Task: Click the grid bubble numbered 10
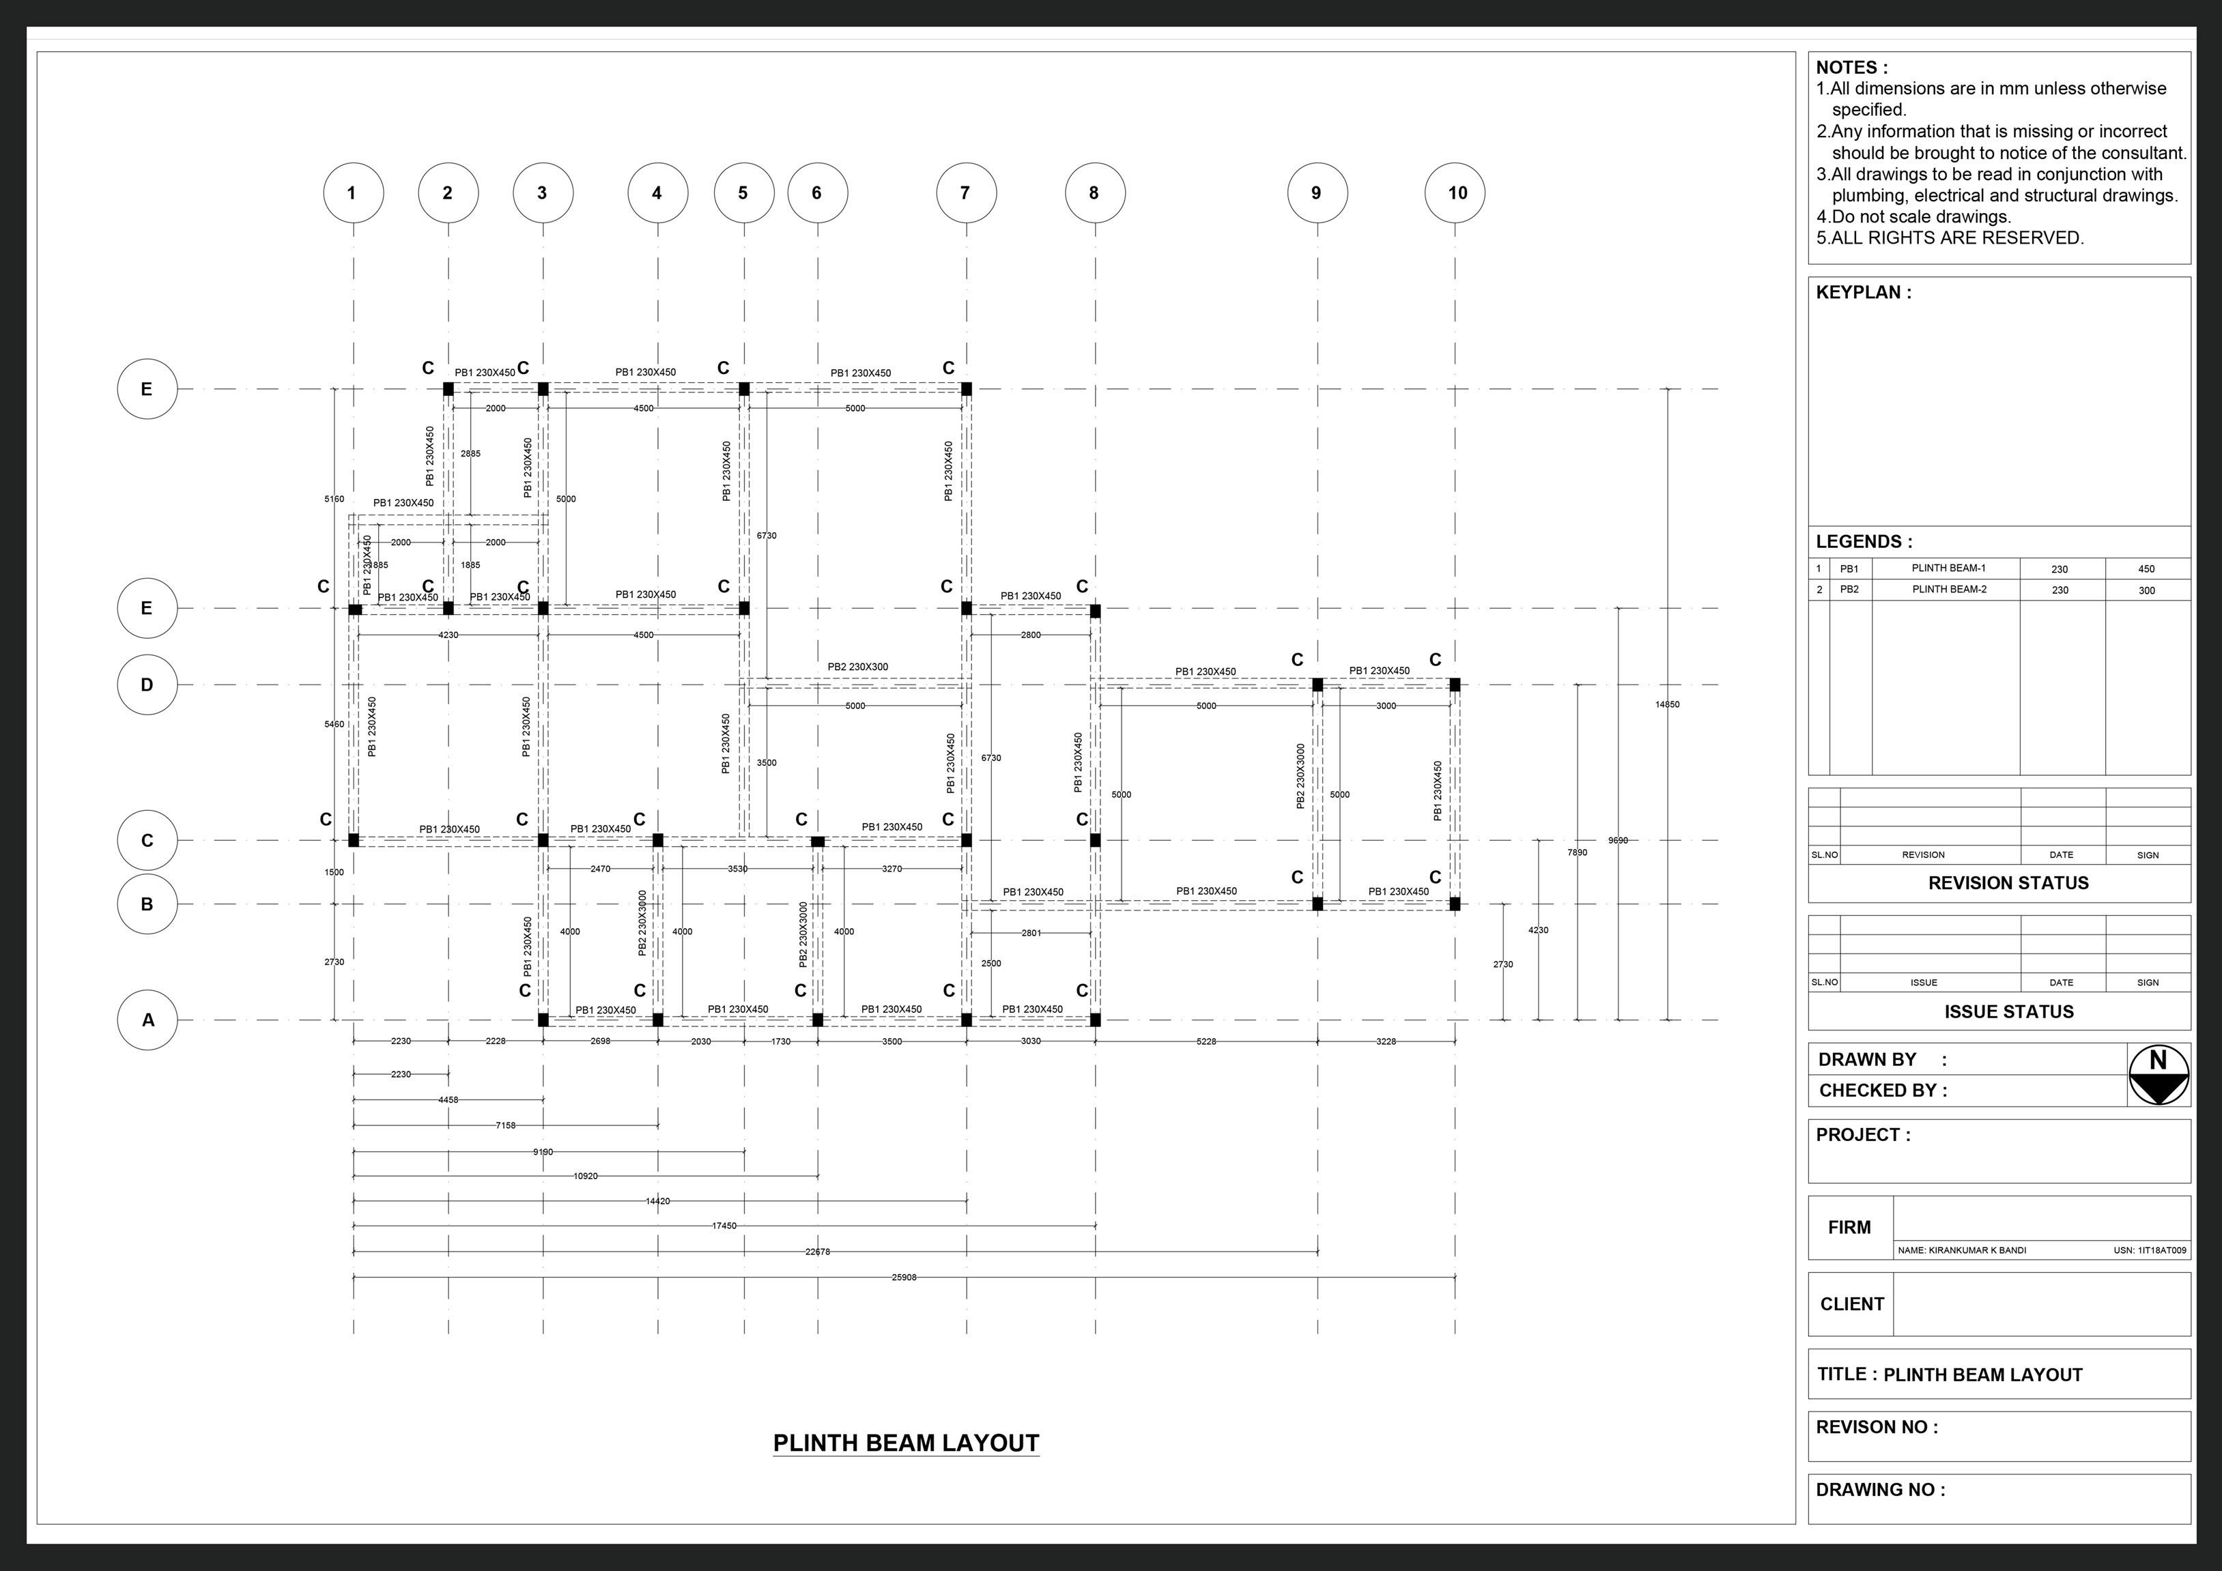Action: [x=1455, y=192]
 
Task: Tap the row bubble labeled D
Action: [x=147, y=685]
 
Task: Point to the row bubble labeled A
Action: [x=147, y=1020]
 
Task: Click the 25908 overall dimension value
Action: [x=903, y=1277]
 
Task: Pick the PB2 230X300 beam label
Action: [x=857, y=667]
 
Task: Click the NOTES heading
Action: [x=1851, y=68]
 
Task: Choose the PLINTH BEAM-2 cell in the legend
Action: [x=1948, y=589]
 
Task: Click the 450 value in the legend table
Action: [x=2146, y=568]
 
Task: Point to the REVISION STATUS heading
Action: [x=2008, y=883]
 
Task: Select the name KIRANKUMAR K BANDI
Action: [x=1962, y=1250]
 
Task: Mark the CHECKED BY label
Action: [x=1882, y=1091]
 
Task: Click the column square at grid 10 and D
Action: [x=1455, y=685]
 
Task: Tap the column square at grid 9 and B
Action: [x=1317, y=904]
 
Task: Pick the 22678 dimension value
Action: [x=818, y=1252]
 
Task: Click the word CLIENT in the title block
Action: [x=1851, y=1304]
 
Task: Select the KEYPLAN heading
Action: [x=1863, y=292]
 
